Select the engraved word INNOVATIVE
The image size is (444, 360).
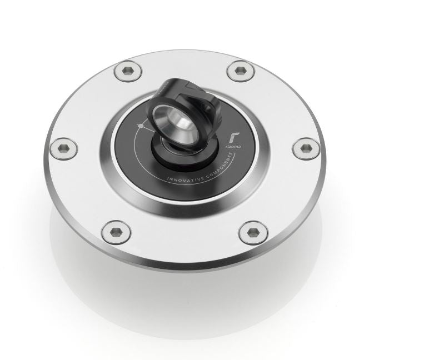point(183,181)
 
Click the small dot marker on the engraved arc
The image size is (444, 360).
point(141,127)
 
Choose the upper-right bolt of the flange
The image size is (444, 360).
point(241,71)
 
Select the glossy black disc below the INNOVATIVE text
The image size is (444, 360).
point(189,192)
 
